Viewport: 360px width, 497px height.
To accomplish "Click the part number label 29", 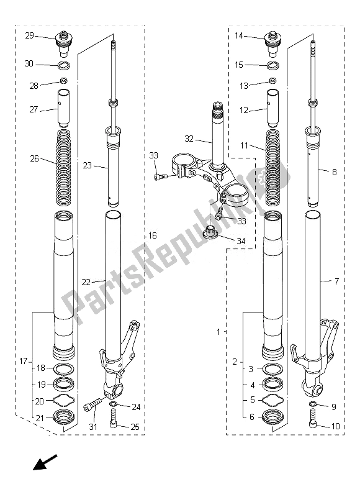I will tap(30, 36).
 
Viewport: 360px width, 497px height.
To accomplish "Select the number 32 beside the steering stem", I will tap(189, 139).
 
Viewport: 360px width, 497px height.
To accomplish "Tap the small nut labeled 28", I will tap(63, 81).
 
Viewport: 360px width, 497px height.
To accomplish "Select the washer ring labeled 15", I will tap(271, 65).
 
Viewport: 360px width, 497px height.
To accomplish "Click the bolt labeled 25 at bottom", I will tap(112, 427).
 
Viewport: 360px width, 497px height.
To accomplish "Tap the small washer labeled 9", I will tap(312, 406).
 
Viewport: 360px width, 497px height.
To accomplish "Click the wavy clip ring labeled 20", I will tap(63, 401).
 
